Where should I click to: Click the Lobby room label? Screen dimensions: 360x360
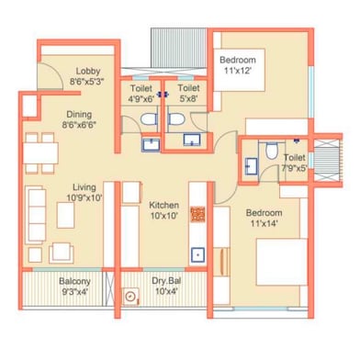88,71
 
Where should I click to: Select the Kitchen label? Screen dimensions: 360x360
164,205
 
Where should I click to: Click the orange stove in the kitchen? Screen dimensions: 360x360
197,214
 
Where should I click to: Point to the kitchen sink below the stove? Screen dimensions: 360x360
198,254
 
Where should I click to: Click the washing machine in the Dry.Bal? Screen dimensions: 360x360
131,296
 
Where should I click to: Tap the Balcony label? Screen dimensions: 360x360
74,281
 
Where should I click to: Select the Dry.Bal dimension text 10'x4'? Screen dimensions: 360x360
166,291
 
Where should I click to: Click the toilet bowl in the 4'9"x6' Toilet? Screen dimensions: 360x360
149,119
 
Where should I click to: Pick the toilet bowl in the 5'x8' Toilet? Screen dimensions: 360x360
176,119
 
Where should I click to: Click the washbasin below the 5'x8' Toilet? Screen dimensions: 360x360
192,140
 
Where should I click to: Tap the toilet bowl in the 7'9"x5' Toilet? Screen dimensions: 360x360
271,152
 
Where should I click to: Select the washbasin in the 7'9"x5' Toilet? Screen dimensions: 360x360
251,166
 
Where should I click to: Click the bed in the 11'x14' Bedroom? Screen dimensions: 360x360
282,262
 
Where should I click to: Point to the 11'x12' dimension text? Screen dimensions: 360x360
238,71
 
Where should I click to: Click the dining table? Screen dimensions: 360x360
40,153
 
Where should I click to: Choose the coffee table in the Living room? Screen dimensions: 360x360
65,215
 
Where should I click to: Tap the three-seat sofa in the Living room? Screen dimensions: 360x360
36,215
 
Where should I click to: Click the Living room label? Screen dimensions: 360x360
84,187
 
